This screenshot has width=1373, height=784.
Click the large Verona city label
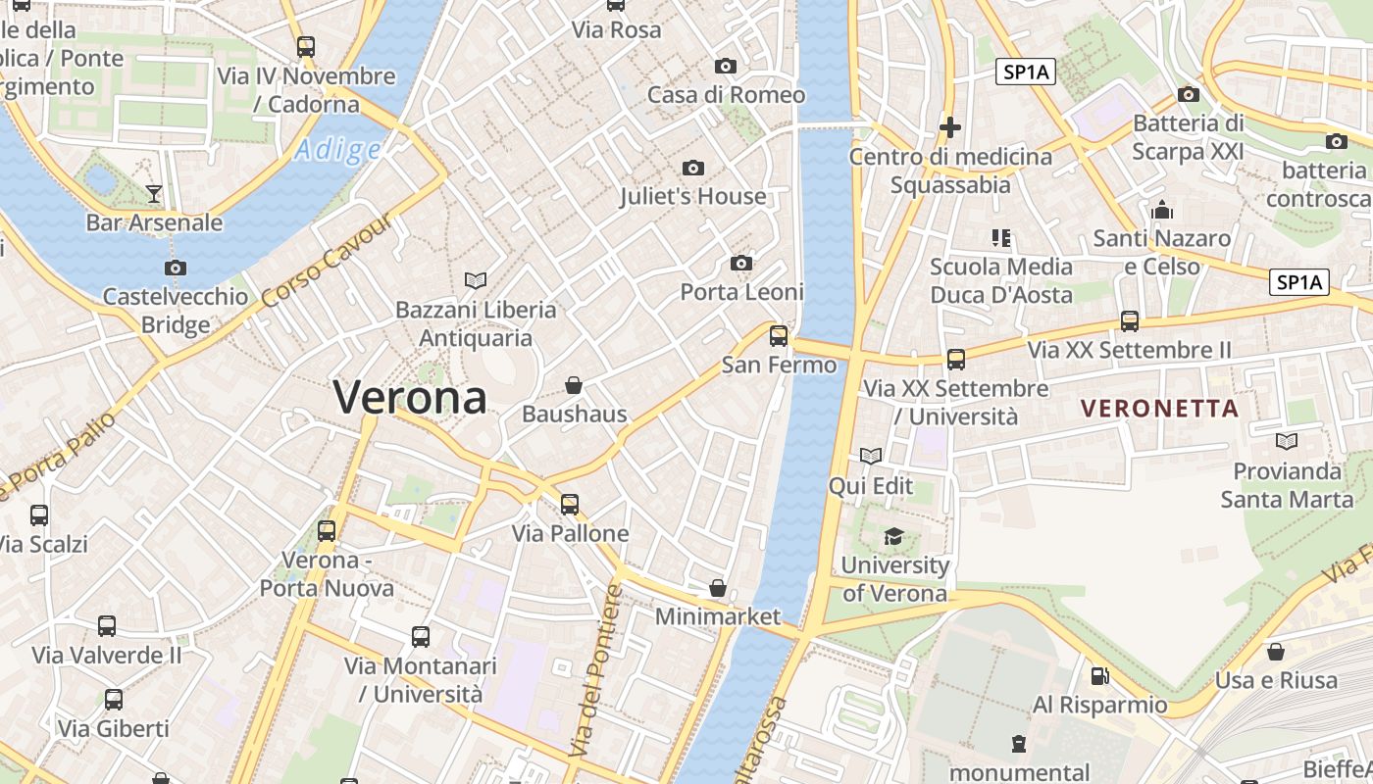pos(410,397)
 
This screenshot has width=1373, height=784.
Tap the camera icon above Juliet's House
pos(693,169)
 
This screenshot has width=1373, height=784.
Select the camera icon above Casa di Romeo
pos(726,67)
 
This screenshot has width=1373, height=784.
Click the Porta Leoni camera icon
pos(741,264)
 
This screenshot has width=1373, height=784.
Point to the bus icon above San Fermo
pos(779,336)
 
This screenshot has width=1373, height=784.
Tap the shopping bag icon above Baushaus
pos(574,386)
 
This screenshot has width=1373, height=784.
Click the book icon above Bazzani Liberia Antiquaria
pos(476,281)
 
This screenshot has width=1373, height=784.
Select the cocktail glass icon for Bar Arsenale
pos(154,193)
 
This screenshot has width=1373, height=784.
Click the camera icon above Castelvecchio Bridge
pos(176,268)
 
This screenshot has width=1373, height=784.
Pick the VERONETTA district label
pos(1160,409)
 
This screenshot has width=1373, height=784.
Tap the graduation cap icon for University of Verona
pos(893,536)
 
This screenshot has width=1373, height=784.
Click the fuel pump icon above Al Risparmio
pos(1099,676)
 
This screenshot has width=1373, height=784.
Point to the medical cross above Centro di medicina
pos(949,127)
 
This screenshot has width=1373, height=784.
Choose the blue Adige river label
pos(337,150)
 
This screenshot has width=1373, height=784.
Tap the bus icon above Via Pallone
pos(570,505)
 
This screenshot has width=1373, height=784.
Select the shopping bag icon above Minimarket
pos(718,588)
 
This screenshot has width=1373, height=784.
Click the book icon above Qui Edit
pos(870,456)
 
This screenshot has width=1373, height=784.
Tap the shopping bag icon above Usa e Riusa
pos(1276,652)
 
